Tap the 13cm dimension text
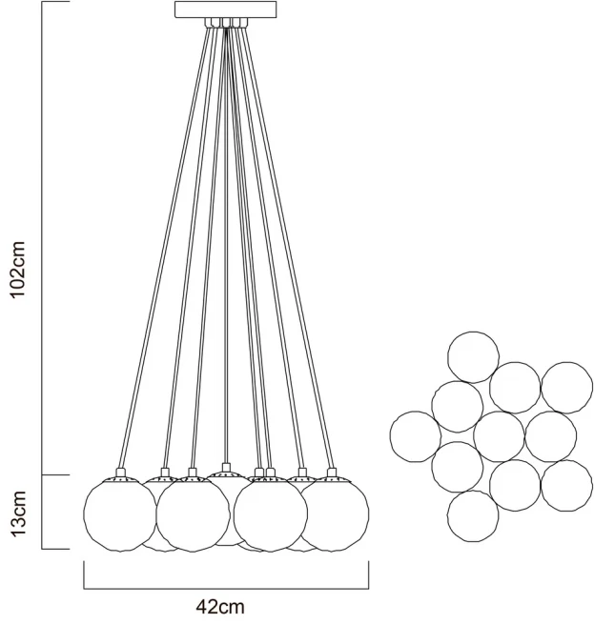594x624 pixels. pyautogui.click(x=22, y=512)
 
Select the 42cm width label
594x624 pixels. pyautogui.click(x=219, y=607)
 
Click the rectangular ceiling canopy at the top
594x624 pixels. pyautogui.click(x=226, y=10)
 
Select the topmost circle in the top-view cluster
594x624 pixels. pyautogui.click(x=474, y=355)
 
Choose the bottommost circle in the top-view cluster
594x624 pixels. pyautogui.click(x=473, y=515)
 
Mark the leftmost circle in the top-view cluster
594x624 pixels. pyautogui.click(x=416, y=436)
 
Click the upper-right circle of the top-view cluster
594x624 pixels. pyautogui.click(x=567, y=387)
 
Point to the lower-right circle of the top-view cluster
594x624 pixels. pyautogui.click(x=566, y=485)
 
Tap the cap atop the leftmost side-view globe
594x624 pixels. pyautogui.click(x=120, y=473)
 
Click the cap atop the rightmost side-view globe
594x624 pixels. pyautogui.click(x=332, y=473)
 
